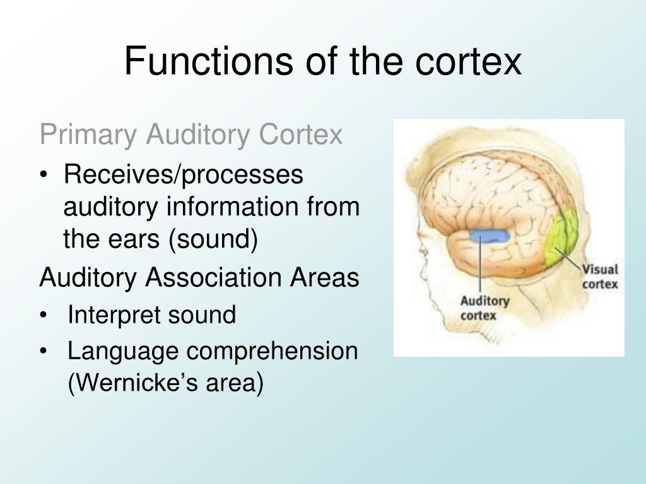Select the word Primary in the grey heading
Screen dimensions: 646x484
point(87,134)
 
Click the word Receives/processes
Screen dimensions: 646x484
point(184,175)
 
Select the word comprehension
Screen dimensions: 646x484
point(277,351)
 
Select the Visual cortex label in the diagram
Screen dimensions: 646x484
point(599,277)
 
